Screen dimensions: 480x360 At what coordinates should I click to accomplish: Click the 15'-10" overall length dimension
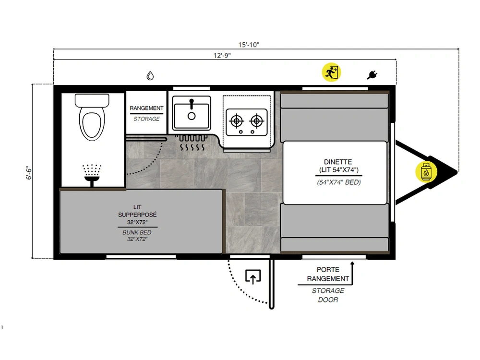[x=249, y=45]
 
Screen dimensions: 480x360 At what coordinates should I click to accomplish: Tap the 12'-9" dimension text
[x=222, y=55]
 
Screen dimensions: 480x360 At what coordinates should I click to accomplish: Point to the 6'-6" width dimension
[x=29, y=173]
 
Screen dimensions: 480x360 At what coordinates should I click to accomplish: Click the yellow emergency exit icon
[x=331, y=72]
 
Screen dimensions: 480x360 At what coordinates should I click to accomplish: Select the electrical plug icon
[x=372, y=75]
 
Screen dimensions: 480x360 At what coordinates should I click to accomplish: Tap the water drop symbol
[x=150, y=76]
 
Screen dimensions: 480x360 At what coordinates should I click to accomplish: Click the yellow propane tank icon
[x=426, y=172]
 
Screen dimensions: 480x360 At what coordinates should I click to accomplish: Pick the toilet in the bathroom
[x=92, y=117]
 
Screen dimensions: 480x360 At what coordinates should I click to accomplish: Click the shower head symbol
[x=92, y=175]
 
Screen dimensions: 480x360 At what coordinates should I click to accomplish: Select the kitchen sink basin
[x=192, y=113]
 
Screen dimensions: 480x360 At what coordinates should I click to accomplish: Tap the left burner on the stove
[x=237, y=121]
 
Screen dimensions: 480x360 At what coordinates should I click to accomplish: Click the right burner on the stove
[x=256, y=121]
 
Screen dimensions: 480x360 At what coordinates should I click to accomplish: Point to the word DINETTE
[x=338, y=162]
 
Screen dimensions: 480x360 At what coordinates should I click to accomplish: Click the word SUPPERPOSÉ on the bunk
[x=137, y=215]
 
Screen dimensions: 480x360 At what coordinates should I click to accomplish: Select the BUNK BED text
[x=137, y=232]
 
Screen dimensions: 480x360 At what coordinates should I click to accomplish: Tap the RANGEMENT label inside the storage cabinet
[x=146, y=108]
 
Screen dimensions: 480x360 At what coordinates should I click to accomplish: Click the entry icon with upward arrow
[x=253, y=277]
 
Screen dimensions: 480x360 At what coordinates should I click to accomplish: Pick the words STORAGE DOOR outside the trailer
[x=328, y=295]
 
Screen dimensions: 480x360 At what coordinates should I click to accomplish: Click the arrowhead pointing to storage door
[x=352, y=263]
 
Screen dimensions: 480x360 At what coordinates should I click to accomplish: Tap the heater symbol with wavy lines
[x=192, y=143]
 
